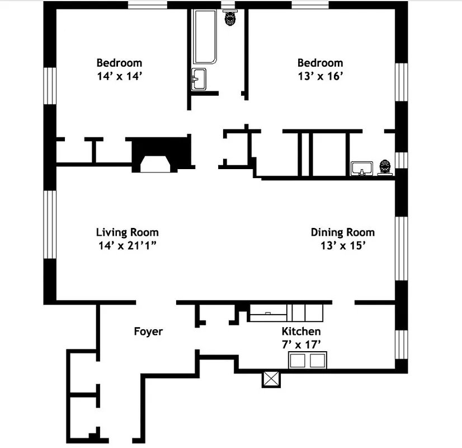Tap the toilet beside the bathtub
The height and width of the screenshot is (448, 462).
229,18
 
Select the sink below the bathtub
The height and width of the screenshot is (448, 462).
199,80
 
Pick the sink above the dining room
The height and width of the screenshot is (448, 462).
362,168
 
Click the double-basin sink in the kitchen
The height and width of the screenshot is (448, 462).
307,360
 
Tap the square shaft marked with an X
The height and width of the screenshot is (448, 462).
271,379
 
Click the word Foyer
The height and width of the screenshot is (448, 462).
148,332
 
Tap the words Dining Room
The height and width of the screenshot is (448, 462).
342,232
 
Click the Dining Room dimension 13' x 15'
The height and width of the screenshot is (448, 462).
342,245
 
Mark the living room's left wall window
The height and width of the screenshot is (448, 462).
50,225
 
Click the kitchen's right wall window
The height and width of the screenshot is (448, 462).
401,344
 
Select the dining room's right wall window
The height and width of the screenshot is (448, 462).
401,248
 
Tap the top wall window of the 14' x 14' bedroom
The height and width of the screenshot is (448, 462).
148,5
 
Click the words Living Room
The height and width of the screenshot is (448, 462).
128,232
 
